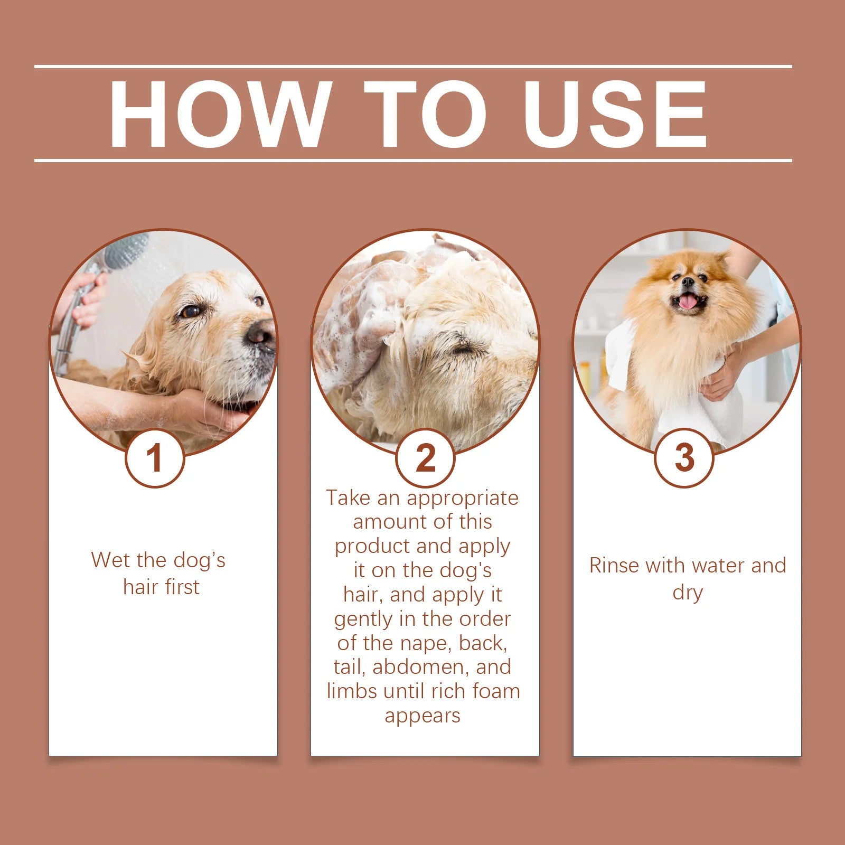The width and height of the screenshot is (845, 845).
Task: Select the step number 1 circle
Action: point(155,458)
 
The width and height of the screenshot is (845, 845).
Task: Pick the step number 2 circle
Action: point(425,458)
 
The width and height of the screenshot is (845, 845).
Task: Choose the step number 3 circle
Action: point(684,457)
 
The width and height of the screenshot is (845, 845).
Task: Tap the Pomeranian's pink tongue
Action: point(688,302)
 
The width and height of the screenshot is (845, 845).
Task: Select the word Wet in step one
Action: point(109,560)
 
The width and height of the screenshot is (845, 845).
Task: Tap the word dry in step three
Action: point(687,593)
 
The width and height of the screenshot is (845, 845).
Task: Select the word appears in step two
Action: point(422,716)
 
